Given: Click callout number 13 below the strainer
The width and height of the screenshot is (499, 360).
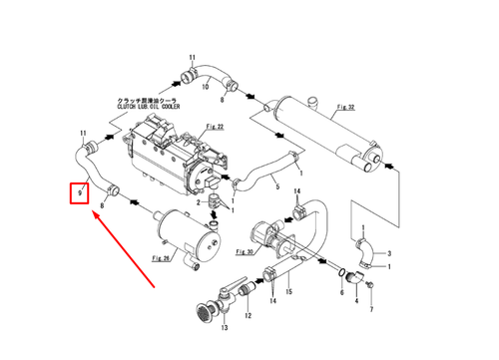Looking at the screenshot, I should tap(224, 327).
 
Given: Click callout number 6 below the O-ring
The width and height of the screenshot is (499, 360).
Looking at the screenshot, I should tap(341, 294).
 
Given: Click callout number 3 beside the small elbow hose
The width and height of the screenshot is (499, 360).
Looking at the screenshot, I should tap(389, 253).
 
